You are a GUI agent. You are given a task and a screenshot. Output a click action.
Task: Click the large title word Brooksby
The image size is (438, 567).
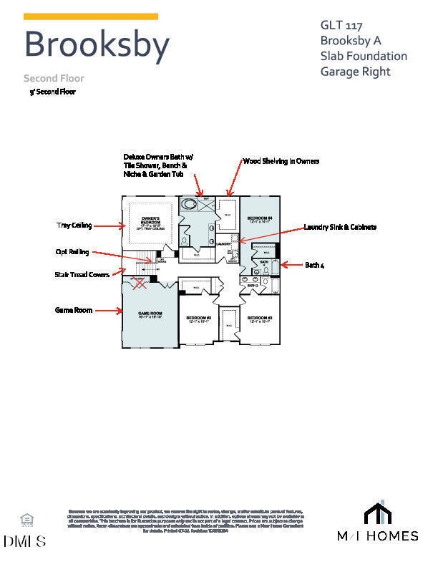(x=97, y=44)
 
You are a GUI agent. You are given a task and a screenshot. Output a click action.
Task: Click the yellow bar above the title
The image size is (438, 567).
(x=91, y=16)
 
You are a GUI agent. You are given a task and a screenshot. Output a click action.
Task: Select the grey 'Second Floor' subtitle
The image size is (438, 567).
(x=54, y=78)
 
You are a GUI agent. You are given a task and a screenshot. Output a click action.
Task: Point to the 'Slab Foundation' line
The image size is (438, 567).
(x=364, y=56)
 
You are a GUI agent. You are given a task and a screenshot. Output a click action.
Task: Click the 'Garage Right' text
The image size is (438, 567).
(x=355, y=72)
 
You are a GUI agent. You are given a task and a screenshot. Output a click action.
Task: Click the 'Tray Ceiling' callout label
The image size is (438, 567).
(x=74, y=226)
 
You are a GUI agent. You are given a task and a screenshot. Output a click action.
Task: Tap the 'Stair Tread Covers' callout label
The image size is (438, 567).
(x=82, y=274)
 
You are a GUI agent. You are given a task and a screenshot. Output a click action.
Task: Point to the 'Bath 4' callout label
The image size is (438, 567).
(x=315, y=265)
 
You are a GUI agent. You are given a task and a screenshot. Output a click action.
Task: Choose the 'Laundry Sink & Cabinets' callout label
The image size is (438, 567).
(x=340, y=227)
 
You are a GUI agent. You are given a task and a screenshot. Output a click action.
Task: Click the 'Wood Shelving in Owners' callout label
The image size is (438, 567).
(x=281, y=161)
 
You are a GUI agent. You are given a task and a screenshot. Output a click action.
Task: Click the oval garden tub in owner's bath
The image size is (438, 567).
(x=190, y=205)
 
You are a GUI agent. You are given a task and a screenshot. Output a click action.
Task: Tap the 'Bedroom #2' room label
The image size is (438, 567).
(x=198, y=319)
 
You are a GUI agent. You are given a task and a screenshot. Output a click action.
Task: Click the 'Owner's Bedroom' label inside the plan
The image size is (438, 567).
(x=150, y=219)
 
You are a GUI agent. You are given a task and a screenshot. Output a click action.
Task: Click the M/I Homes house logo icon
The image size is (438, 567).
(x=378, y=513)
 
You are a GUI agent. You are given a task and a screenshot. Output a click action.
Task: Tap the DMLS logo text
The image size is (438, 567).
(x=24, y=541)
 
